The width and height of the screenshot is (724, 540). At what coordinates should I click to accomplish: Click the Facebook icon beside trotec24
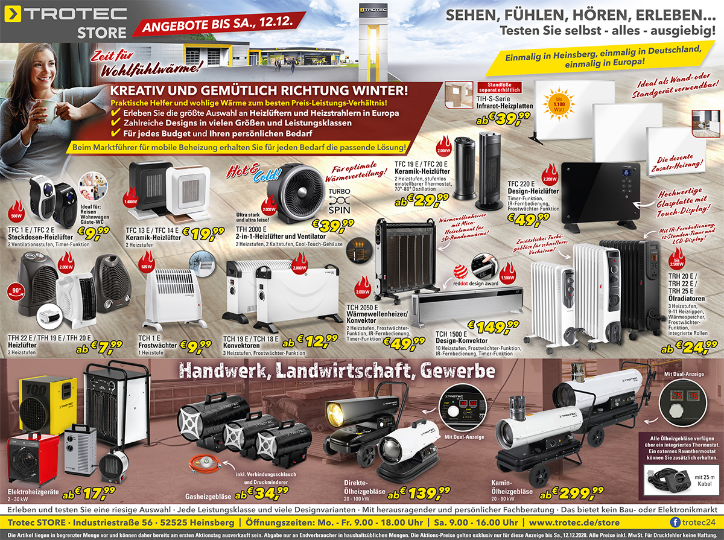click(675, 521)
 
